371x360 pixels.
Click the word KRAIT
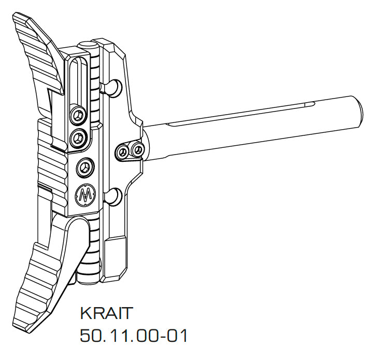[x=107, y=314]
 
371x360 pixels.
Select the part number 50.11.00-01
[x=133, y=336]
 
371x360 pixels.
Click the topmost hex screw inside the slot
[x=78, y=114]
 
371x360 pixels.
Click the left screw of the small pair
[x=123, y=151]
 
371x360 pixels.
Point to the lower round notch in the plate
[x=115, y=196]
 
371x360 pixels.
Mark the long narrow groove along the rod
[x=238, y=115]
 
